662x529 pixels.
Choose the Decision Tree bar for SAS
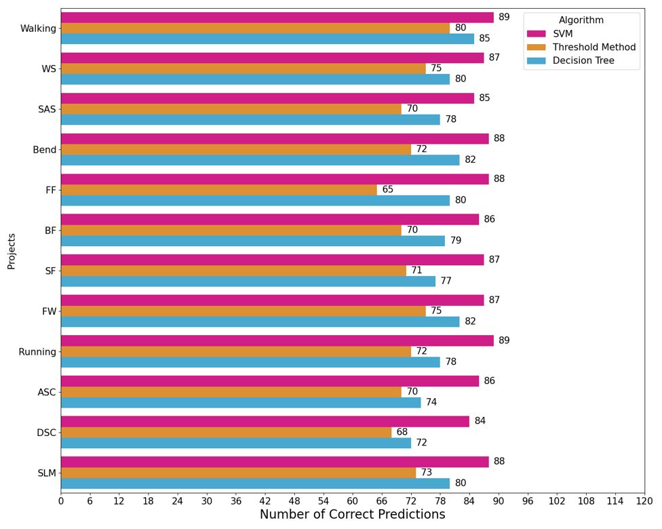click(250, 119)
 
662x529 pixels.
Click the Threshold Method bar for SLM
click(238, 473)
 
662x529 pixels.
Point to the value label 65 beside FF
click(387, 190)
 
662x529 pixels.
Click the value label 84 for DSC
click(480, 421)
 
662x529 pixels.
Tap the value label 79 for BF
click(456, 241)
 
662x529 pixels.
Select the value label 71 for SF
click(416, 271)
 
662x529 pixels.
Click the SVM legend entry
click(563, 34)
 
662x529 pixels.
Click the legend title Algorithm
click(581, 20)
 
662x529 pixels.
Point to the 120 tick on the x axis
click(644, 501)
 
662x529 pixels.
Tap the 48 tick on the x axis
click(294, 501)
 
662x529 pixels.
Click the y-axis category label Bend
click(45, 149)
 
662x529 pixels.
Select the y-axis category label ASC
click(47, 392)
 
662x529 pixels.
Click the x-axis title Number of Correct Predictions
click(352, 515)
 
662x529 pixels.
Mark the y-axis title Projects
click(12, 251)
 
